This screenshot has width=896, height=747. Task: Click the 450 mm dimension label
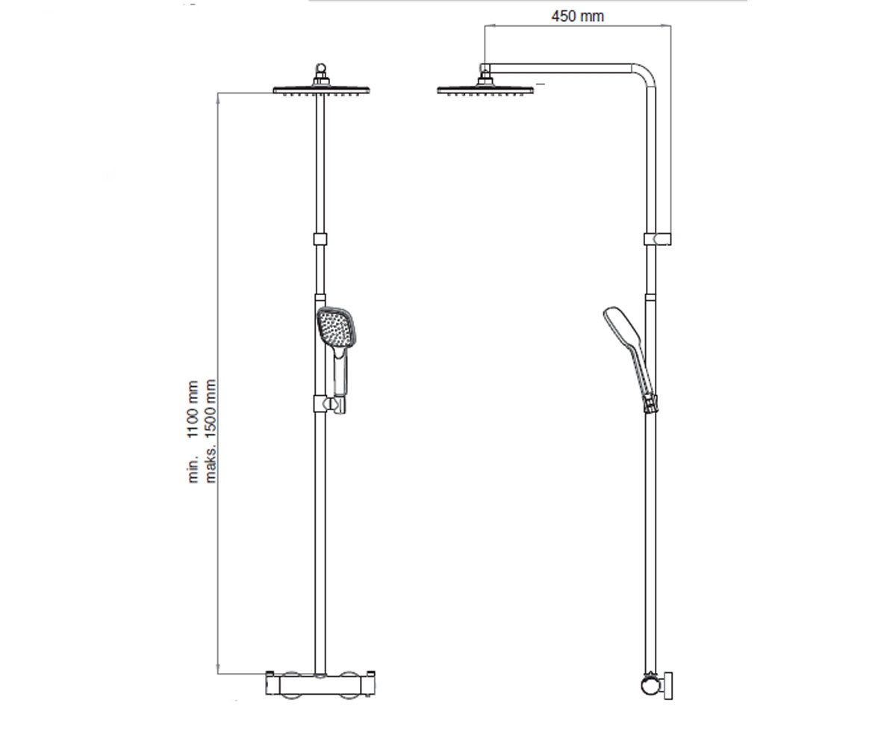[x=578, y=16]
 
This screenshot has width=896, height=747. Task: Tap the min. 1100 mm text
[x=193, y=432]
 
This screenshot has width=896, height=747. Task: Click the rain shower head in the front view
[x=321, y=90]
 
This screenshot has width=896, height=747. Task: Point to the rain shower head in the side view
[x=485, y=90]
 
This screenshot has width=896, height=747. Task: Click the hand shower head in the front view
[x=337, y=327]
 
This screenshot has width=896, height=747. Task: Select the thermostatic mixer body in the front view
[x=320, y=684]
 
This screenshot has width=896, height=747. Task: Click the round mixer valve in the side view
[x=650, y=686]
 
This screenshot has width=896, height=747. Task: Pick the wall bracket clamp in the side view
[x=657, y=239]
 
